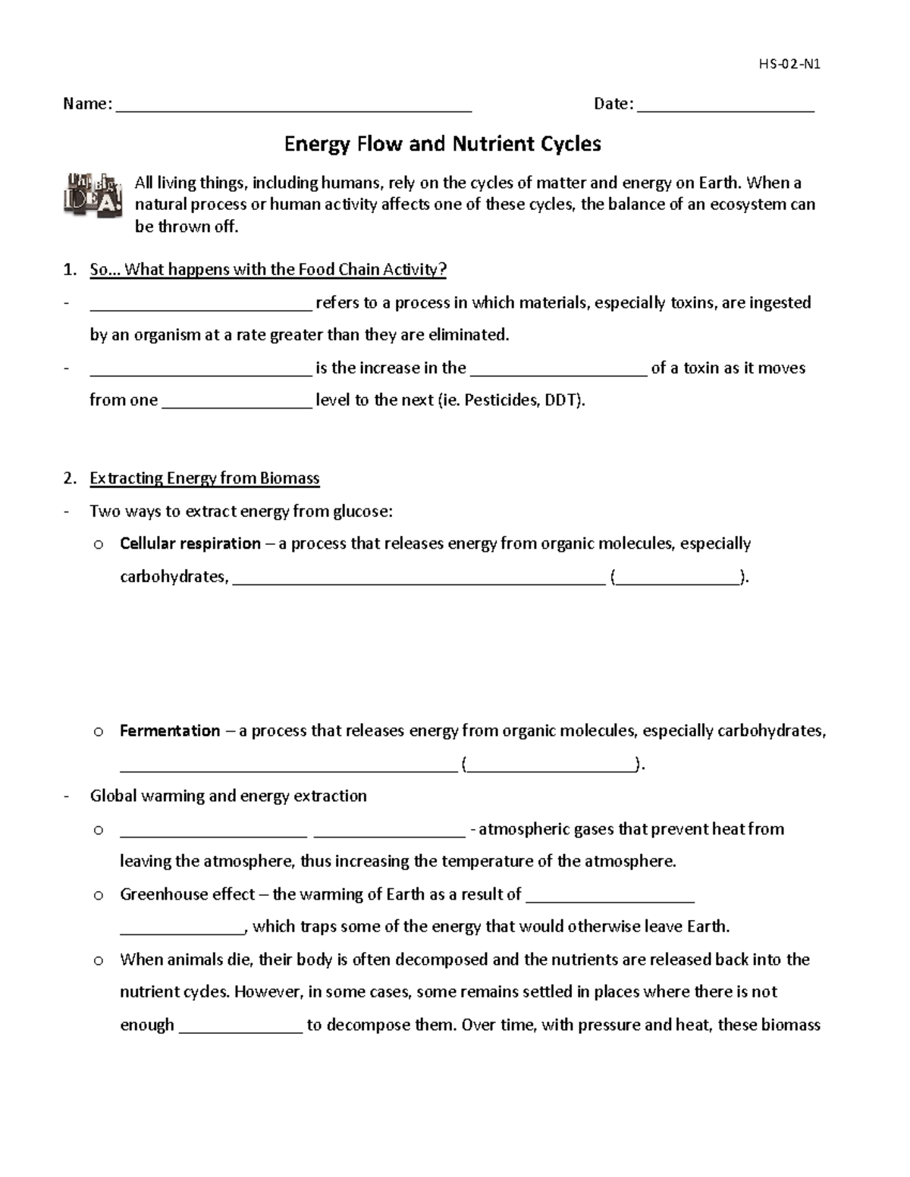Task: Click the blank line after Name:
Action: (x=293, y=106)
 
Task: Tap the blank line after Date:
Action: (x=726, y=106)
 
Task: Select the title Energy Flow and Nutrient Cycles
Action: (x=442, y=144)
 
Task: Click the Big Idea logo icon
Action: (x=92, y=196)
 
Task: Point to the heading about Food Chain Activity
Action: (x=268, y=270)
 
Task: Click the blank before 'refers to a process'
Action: (x=200, y=305)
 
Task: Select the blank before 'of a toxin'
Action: (x=559, y=371)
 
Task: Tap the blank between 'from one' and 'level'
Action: (x=237, y=402)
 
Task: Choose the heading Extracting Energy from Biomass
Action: (x=204, y=478)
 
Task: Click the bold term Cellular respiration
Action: (x=190, y=543)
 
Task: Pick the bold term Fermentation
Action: (x=170, y=731)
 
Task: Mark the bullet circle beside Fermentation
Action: (x=98, y=732)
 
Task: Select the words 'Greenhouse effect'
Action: (x=187, y=894)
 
